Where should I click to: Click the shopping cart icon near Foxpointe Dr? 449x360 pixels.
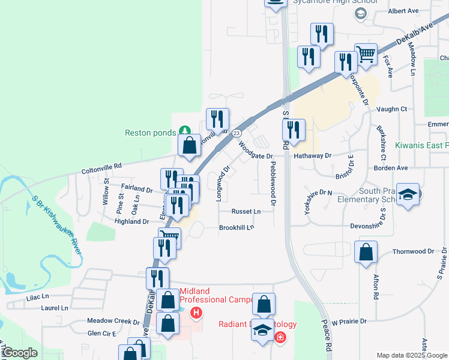point(366,54)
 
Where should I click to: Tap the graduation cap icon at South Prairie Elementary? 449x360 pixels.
point(408,195)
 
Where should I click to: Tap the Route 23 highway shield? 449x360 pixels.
point(236,133)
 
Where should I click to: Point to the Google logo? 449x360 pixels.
point(20,353)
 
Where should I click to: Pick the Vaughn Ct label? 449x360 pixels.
point(392,109)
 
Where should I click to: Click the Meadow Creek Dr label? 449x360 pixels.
point(113,321)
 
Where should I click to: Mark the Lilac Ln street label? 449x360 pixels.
point(37,296)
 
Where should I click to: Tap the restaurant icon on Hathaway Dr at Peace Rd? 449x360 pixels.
point(294,129)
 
